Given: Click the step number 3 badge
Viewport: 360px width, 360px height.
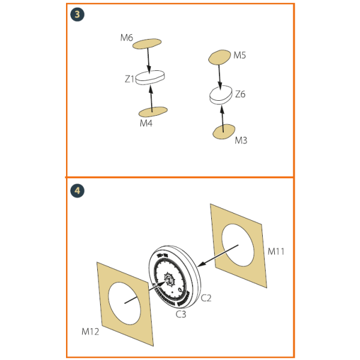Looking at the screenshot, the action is click(x=77, y=14).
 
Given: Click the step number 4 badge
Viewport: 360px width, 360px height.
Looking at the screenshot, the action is click(x=77, y=191).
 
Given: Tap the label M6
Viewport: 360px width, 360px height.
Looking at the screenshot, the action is click(x=127, y=38).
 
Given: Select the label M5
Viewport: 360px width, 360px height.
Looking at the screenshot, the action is click(x=239, y=55).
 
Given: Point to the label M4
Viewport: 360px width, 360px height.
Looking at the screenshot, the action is click(x=146, y=123).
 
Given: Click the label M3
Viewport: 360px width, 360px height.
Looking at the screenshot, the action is click(x=241, y=140).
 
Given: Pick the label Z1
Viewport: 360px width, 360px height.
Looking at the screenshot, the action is click(x=130, y=79).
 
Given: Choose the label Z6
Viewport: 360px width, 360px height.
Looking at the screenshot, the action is click(x=240, y=94).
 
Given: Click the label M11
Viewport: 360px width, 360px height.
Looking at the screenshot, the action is click(x=276, y=251).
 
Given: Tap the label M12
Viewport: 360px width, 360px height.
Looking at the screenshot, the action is click(x=90, y=332).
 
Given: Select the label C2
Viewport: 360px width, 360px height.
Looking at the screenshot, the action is click(x=206, y=298).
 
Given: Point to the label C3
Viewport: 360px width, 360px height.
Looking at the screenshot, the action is click(x=181, y=314).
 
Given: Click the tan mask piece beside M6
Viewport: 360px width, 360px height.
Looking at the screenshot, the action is click(x=147, y=44).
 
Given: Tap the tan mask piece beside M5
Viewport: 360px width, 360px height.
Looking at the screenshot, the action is click(x=220, y=57).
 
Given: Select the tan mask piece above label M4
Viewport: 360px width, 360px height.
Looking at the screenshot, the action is click(x=153, y=112).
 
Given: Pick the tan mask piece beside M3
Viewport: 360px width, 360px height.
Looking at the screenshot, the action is click(x=224, y=131).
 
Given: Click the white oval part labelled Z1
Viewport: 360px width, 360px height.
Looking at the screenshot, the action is click(x=151, y=77).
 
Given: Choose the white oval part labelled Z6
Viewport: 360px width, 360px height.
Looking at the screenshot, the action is click(x=221, y=95).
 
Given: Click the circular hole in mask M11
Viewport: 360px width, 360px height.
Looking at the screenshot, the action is click(x=238, y=245).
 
